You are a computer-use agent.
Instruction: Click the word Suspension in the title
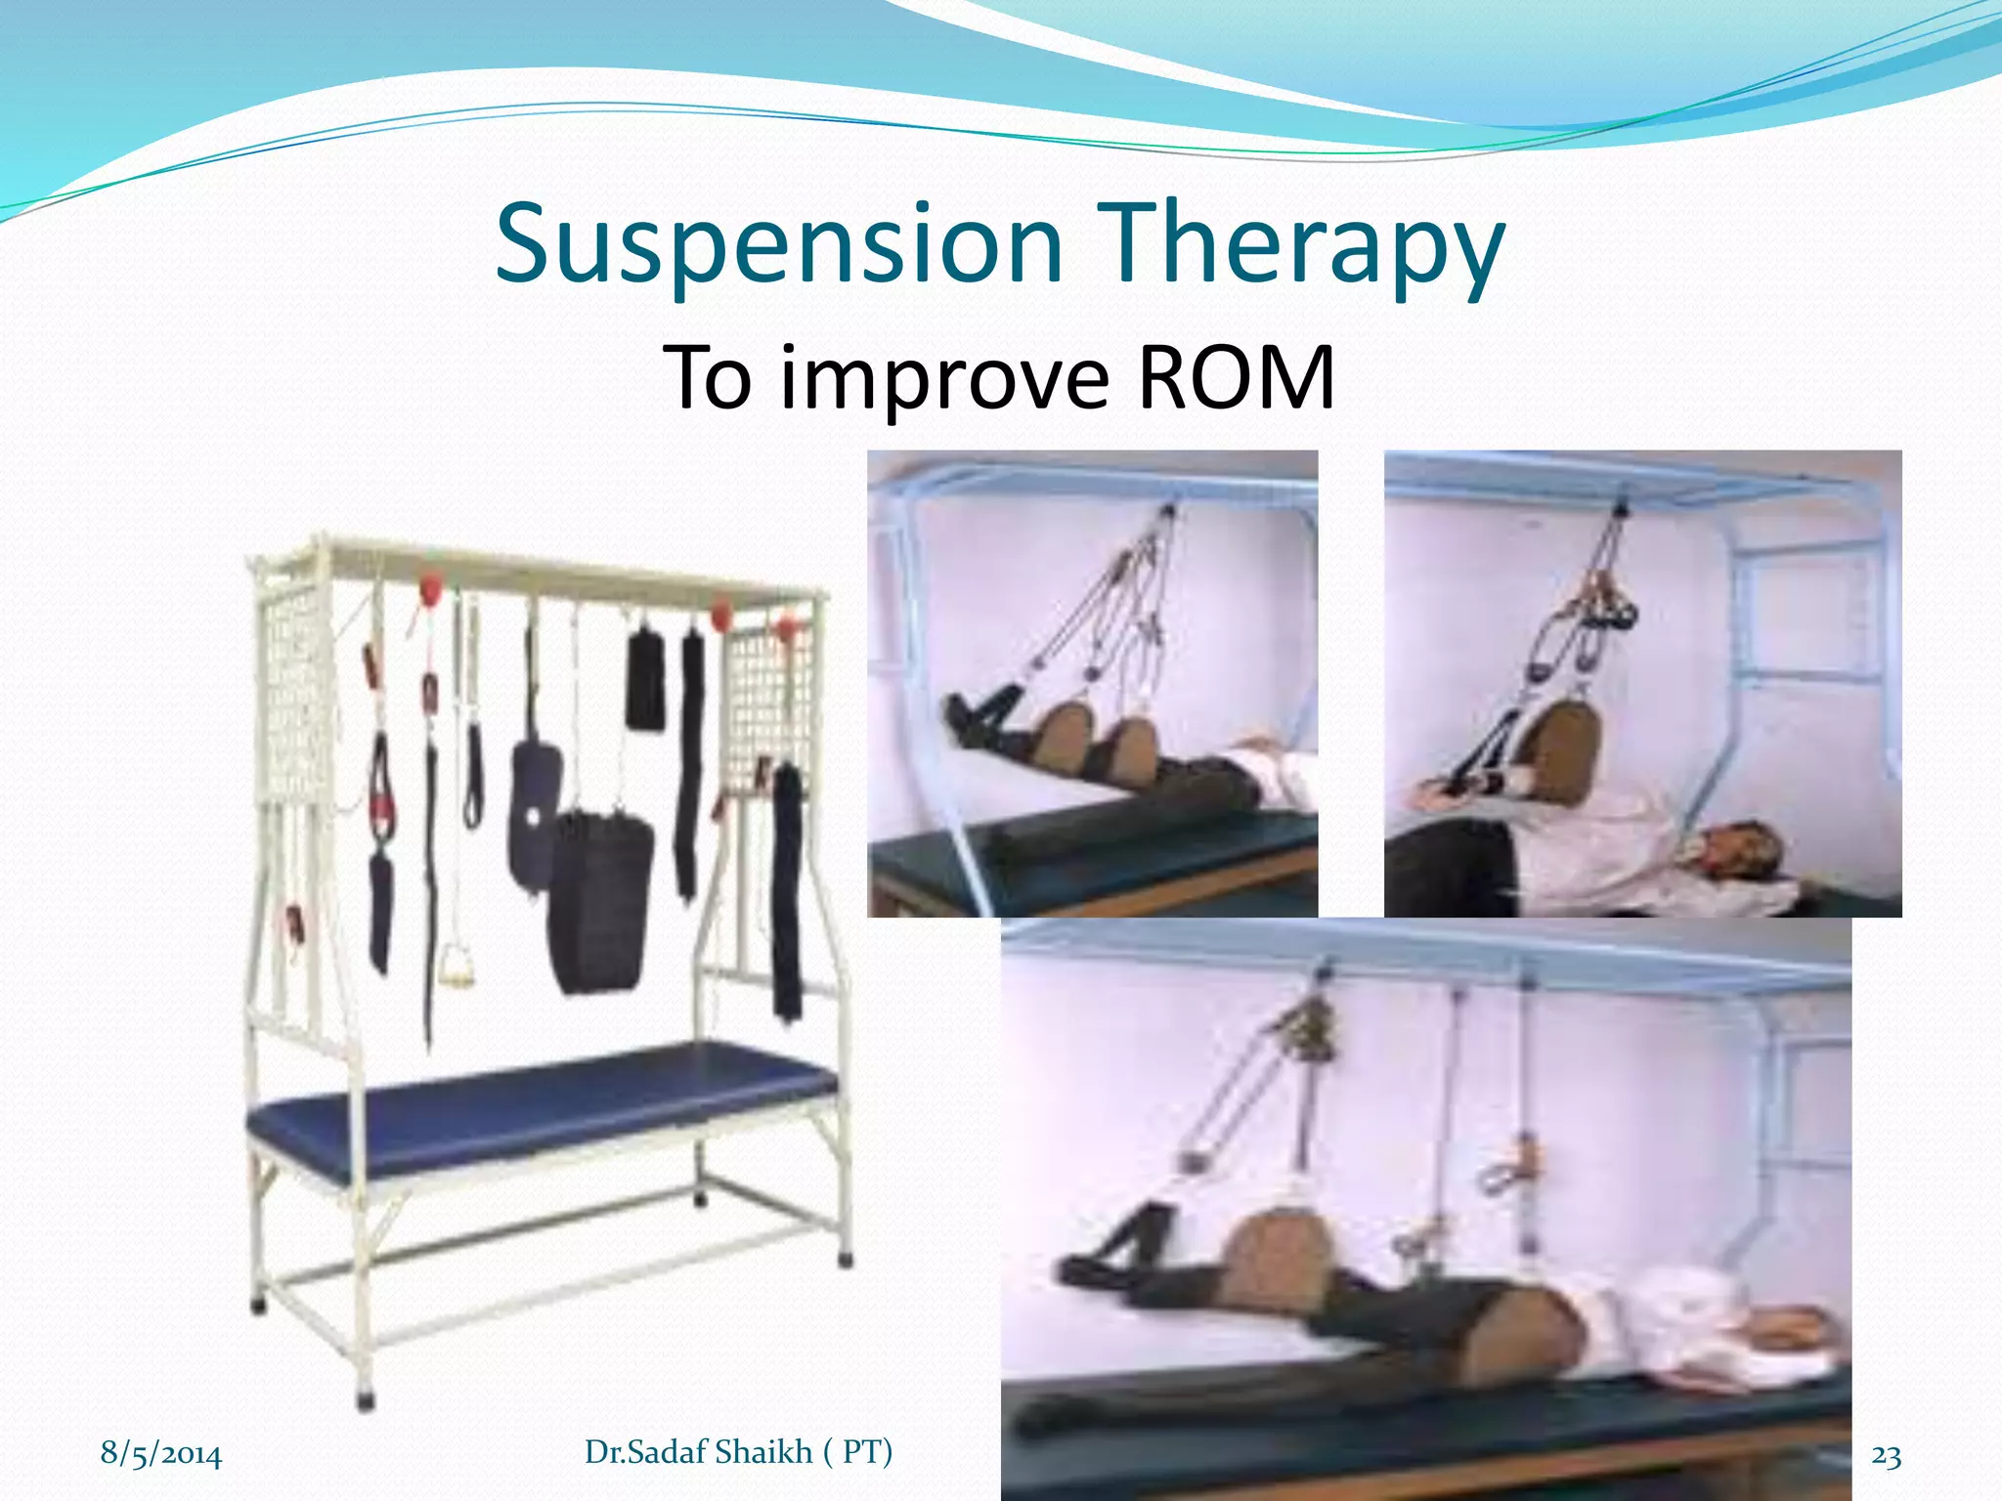[x=779, y=244]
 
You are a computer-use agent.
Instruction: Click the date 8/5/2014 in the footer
[x=160, y=1454]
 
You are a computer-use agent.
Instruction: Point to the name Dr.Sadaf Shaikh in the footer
[x=698, y=1452]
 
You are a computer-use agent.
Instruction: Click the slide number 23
[x=1886, y=1456]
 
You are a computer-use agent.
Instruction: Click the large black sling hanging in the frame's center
[x=600, y=899]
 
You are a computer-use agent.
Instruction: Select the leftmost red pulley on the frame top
[x=430, y=588]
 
